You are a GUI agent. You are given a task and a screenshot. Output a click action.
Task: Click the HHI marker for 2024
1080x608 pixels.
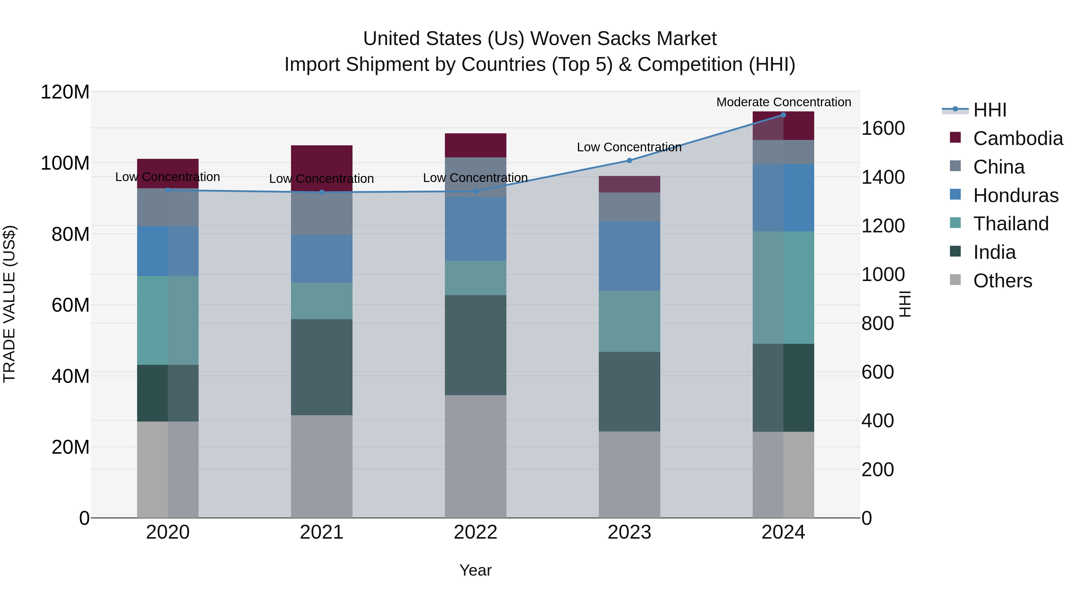click(783, 115)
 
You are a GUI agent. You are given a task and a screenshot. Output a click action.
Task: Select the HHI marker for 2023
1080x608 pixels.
click(629, 160)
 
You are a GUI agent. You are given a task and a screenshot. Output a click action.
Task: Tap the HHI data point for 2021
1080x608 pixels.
click(322, 192)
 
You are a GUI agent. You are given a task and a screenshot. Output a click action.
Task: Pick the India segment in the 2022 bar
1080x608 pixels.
click(475, 345)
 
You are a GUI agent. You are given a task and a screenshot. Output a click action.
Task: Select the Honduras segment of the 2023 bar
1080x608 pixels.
click(629, 256)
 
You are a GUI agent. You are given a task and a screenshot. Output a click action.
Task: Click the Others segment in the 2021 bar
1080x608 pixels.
click(322, 466)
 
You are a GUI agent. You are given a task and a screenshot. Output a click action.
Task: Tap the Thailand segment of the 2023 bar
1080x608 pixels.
click(629, 321)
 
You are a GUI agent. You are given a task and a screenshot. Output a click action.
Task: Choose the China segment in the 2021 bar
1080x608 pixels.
click(322, 214)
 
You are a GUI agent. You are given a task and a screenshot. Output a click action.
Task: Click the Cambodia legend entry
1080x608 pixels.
click(1018, 138)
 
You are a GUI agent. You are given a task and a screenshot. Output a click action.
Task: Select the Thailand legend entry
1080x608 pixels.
click(1010, 224)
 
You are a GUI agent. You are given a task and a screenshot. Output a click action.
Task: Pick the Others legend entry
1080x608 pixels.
click(1002, 281)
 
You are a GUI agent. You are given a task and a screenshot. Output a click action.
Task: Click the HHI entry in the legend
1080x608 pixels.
click(989, 110)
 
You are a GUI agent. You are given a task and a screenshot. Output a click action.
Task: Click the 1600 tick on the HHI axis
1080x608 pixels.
click(883, 129)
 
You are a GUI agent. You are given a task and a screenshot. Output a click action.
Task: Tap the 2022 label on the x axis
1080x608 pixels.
click(475, 532)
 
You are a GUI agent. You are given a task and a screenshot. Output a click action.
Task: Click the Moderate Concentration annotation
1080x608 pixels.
click(784, 102)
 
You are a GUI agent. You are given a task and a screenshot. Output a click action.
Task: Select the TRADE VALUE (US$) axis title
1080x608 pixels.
click(9, 304)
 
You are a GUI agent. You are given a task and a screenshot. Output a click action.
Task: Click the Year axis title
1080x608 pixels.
click(475, 570)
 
